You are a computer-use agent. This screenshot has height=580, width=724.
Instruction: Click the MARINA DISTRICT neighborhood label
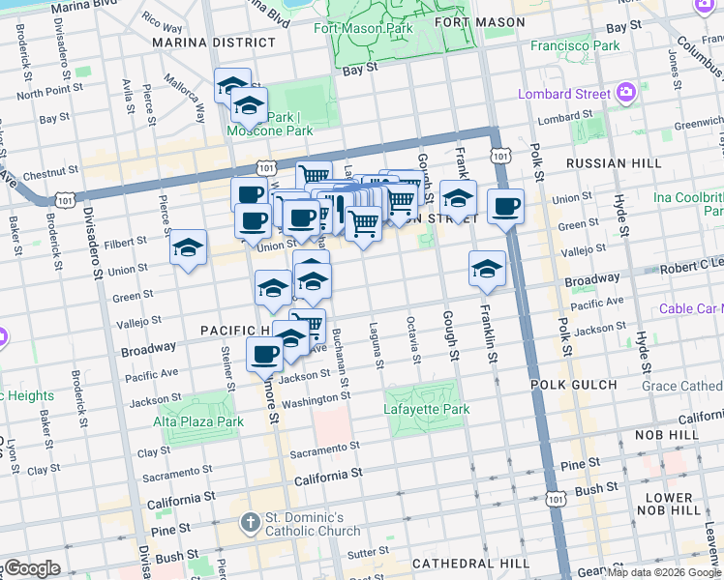point(213,43)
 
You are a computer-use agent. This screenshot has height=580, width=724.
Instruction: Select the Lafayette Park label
point(427,410)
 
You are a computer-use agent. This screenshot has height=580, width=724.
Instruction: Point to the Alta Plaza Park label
point(197,421)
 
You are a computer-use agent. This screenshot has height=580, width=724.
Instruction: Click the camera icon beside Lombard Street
point(626,92)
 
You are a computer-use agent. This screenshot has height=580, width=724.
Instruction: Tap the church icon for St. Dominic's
point(250,521)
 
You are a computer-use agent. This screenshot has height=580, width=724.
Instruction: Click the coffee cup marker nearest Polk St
point(505,206)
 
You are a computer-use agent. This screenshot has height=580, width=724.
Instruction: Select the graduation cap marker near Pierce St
point(189,247)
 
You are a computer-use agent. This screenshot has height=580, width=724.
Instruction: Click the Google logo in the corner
point(31,568)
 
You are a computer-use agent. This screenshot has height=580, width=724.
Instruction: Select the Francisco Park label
point(575,45)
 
